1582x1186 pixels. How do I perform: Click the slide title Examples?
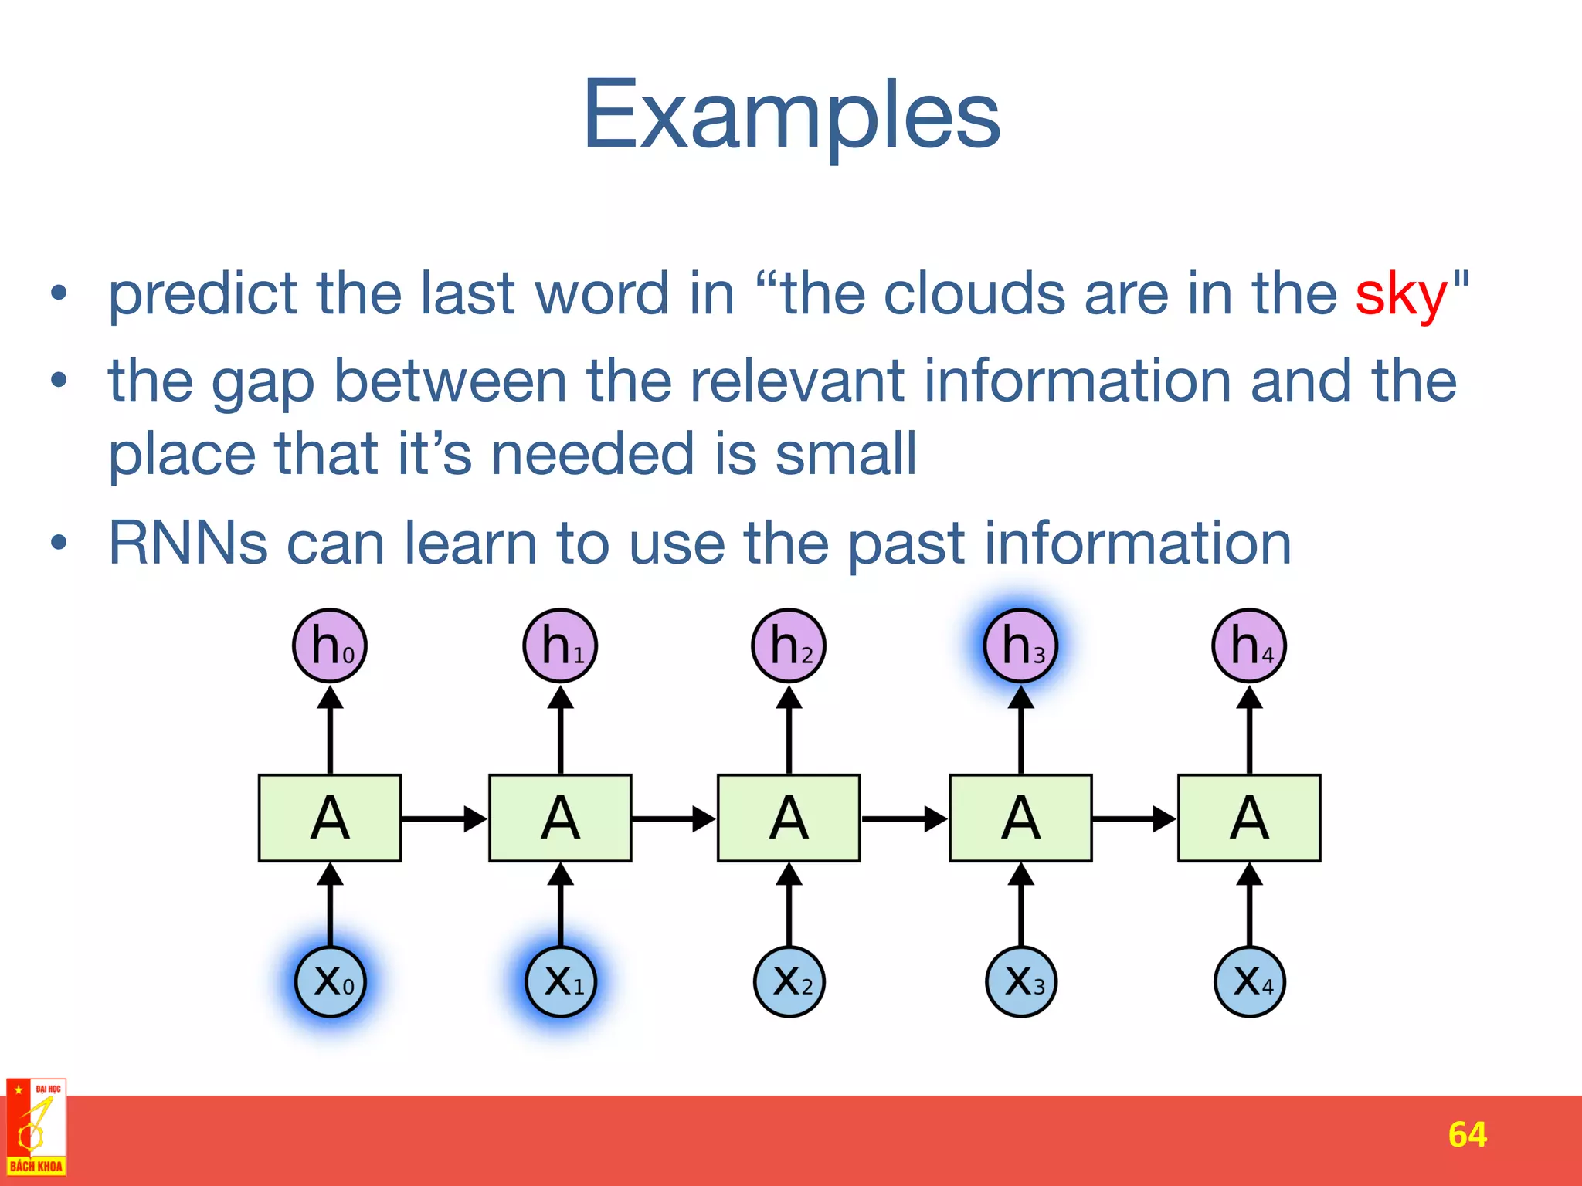791,116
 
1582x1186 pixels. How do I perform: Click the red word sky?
1400,295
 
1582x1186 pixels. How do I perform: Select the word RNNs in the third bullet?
188,544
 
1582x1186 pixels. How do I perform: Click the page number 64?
1467,1134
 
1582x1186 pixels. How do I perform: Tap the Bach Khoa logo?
36,1127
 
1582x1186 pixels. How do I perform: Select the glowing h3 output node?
1020,646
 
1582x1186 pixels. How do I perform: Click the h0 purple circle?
330,646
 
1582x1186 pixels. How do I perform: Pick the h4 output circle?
1249,646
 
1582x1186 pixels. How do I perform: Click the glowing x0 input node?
331,981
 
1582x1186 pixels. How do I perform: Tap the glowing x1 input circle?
561,981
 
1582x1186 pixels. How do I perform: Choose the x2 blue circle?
789,981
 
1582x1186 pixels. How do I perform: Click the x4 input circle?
1249,981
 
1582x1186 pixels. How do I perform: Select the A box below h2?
789,818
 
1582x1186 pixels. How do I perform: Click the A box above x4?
1249,818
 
